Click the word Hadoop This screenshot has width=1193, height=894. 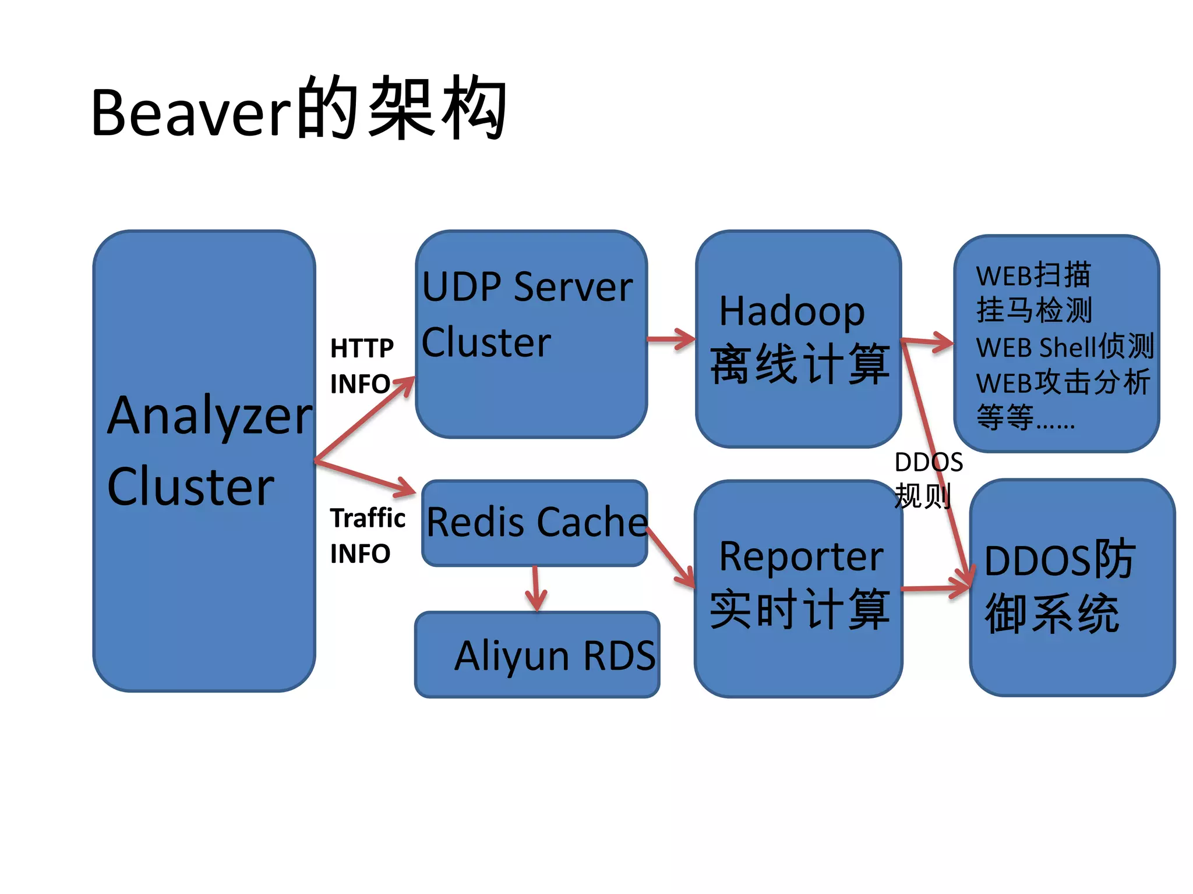792,311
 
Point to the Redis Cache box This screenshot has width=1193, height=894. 535,522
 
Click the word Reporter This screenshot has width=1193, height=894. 801,557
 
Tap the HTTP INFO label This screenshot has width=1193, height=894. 361,366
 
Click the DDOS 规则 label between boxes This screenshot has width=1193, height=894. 927,480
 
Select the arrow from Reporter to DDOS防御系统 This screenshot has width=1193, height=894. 935,588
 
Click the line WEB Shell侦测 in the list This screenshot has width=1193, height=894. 1064,347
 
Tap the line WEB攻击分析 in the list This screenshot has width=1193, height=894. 1063,383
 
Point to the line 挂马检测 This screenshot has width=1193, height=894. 1034,310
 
